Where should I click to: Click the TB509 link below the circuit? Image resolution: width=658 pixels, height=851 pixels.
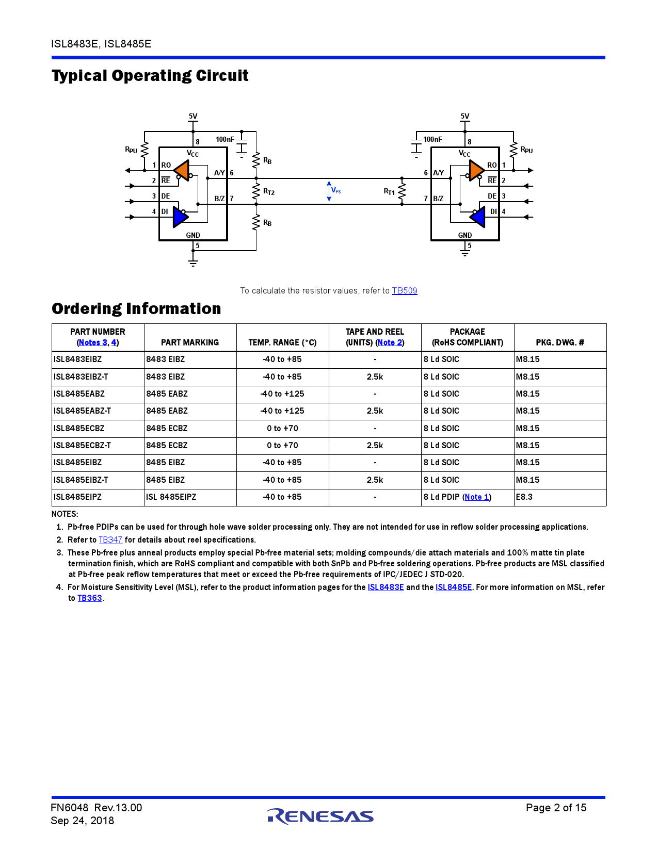(x=404, y=291)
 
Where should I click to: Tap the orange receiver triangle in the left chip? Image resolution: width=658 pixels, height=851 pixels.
(x=182, y=171)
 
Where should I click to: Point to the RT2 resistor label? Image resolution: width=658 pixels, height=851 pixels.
(x=269, y=192)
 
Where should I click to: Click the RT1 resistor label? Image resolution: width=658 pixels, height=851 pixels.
(x=389, y=192)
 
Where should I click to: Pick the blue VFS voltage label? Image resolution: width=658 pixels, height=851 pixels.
(x=336, y=190)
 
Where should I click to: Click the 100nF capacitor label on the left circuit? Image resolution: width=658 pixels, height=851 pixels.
(x=225, y=139)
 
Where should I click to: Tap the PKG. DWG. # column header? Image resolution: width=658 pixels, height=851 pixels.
(x=560, y=342)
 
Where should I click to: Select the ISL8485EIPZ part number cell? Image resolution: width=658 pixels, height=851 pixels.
(x=78, y=497)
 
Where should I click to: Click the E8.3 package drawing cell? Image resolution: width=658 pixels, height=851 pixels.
(x=524, y=497)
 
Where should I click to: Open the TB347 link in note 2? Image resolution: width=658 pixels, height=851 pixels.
(x=110, y=540)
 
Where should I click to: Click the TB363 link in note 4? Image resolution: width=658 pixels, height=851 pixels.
(x=90, y=598)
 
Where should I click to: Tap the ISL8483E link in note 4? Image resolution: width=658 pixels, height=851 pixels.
(x=386, y=587)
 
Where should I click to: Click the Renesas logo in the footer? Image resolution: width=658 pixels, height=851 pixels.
(x=320, y=816)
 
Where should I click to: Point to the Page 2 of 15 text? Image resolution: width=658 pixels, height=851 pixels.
(x=556, y=808)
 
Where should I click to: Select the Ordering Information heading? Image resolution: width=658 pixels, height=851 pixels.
(x=136, y=308)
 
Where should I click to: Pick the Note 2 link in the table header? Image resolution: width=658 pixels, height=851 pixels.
(x=390, y=342)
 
